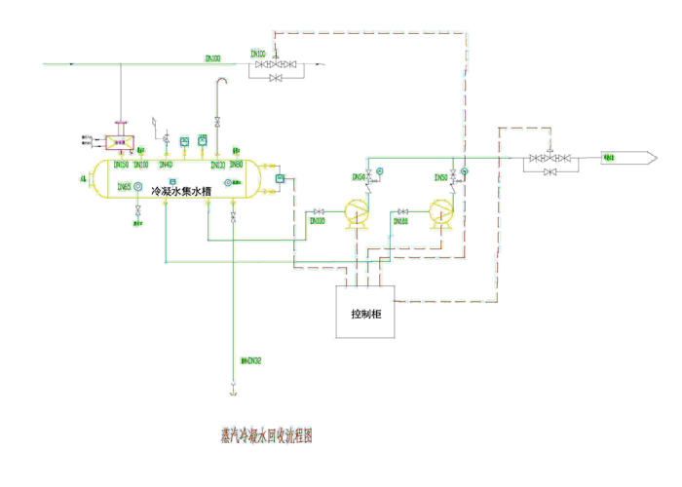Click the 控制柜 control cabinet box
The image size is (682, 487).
point(365,313)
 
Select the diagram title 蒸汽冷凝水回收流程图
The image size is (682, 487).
point(268,436)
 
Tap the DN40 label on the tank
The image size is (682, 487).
point(166,165)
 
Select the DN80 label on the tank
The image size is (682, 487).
point(237,165)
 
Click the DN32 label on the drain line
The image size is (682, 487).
point(251,361)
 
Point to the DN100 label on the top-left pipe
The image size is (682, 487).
point(213,58)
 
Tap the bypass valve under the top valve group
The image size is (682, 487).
point(276,78)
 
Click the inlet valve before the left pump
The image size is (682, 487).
point(319,211)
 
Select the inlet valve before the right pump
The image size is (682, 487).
point(401,211)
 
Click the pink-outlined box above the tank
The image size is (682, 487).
point(120,142)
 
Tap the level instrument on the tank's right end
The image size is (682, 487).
point(279,178)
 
